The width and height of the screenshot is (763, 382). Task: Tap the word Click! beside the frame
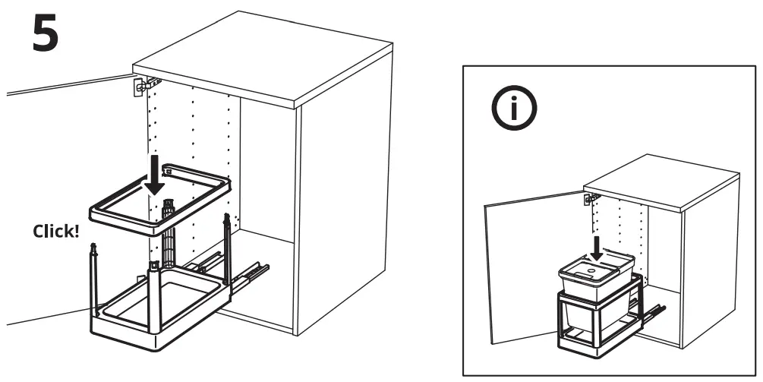(55, 231)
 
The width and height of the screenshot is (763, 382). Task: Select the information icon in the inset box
(513, 110)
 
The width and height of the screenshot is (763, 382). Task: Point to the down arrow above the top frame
(156, 174)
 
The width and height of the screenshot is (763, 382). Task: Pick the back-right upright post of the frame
(226, 243)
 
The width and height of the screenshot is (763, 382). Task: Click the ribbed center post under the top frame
(169, 228)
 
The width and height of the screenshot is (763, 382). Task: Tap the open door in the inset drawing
(524, 266)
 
